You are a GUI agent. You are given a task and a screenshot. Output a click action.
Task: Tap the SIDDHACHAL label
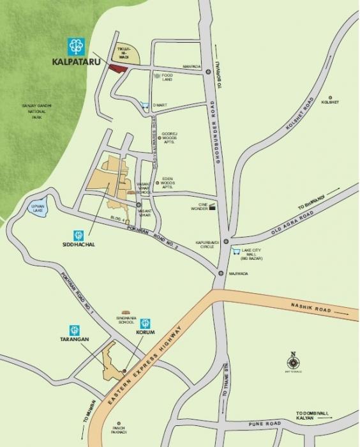coord(77,245)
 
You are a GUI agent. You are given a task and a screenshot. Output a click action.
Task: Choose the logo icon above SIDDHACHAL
coord(78,234)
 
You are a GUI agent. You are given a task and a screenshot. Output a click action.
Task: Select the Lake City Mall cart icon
coord(237,250)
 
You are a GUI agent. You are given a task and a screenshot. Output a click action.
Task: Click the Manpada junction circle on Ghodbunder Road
coord(208,72)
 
